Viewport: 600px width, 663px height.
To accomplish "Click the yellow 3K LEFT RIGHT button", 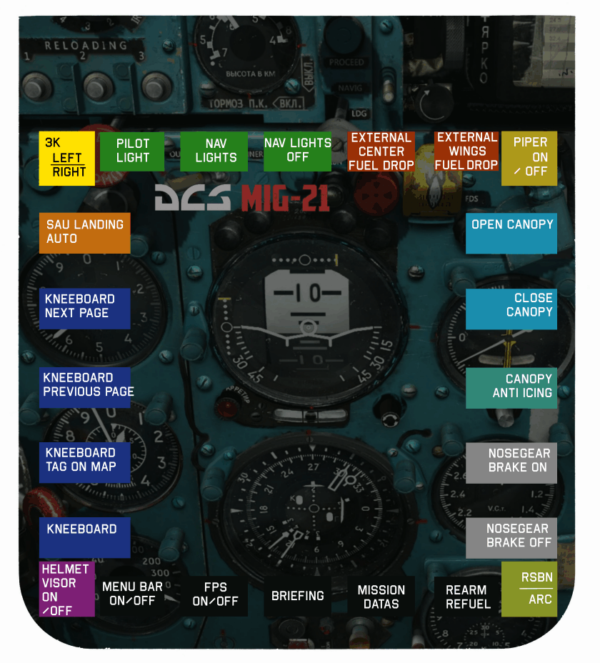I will [66, 158].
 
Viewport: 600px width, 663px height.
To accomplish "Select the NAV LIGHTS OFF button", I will [297, 151].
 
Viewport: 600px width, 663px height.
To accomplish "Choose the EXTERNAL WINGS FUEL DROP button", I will [466, 151].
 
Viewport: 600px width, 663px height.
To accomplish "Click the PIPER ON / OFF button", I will [529, 158].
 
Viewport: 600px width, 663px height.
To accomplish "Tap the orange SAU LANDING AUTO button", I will [85, 232].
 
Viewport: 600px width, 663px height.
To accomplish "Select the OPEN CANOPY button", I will [511, 232].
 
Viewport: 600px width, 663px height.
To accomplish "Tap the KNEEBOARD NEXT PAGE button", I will [85, 308].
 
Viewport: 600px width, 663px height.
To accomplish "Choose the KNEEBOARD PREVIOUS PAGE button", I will [85, 387].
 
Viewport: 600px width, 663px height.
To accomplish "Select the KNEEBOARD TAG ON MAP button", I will [85, 462].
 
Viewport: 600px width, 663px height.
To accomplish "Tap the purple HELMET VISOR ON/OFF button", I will [66, 589].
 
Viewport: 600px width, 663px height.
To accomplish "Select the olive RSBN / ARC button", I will [529, 589].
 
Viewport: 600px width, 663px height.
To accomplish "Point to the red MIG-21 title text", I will [285, 198].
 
